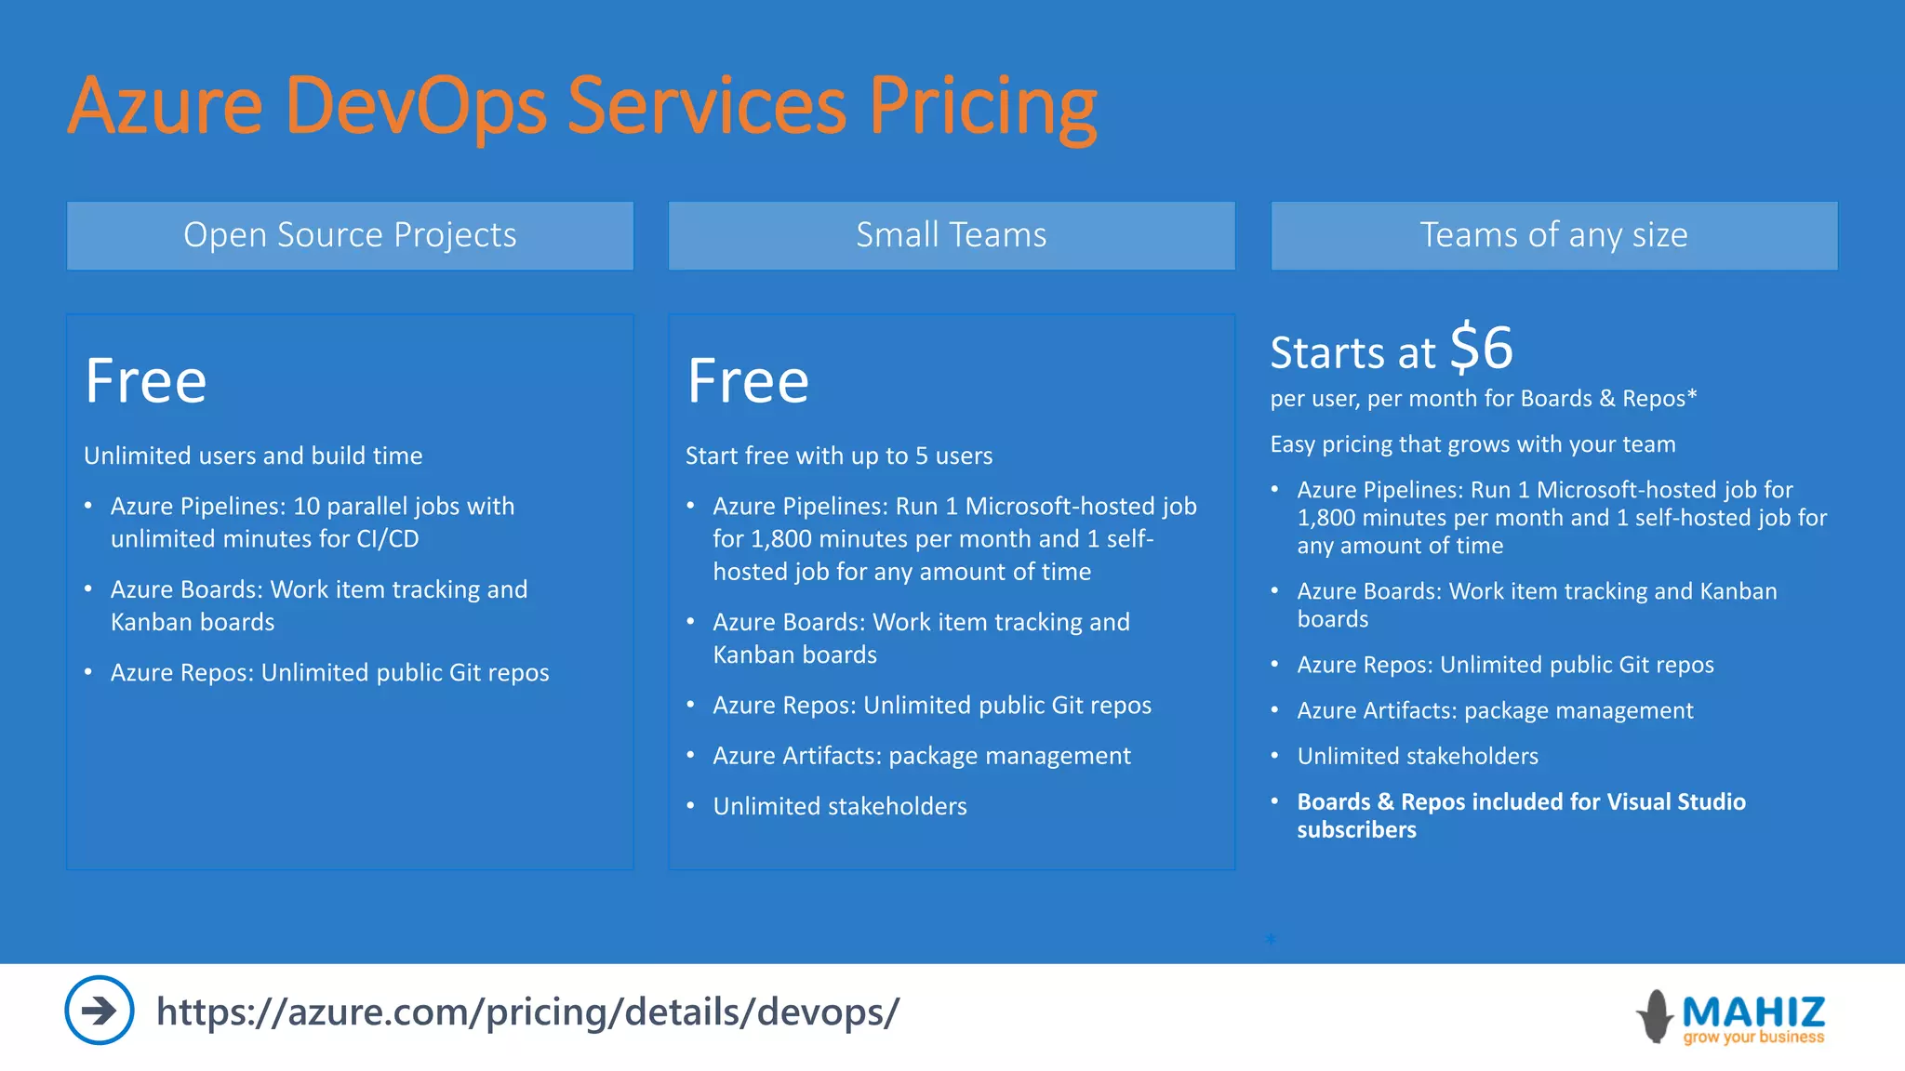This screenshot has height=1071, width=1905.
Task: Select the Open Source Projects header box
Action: [350, 235]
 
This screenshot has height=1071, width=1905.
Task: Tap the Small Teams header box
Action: [951, 235]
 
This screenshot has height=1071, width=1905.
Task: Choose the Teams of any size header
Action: [1553, 235]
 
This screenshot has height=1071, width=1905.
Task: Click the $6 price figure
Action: [1481, 349]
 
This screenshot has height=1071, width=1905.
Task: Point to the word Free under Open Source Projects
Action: [146, 381]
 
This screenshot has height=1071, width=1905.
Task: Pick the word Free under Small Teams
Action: [748, 381]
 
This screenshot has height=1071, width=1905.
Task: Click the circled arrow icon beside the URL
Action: [99, 1010]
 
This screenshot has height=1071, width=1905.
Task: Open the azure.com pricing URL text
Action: [527, 1011]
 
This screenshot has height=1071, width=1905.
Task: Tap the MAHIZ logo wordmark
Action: [1753, 1011]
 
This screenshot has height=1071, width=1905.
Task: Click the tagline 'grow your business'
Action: [1753, 1038]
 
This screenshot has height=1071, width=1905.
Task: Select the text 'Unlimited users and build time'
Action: [253, 456]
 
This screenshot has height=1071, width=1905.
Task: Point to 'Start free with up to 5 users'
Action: [839, 456]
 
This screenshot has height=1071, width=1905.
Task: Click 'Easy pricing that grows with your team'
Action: [1472, 444]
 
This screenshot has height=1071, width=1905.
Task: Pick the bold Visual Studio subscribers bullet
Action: [1521, 815]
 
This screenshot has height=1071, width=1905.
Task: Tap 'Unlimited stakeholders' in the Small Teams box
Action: [839, 806]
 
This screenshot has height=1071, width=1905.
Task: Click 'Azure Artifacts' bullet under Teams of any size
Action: [1495, 710]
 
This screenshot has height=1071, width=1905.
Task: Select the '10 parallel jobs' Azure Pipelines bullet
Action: [312, 522]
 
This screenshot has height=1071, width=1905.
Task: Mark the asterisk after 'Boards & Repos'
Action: [1692, 396]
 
